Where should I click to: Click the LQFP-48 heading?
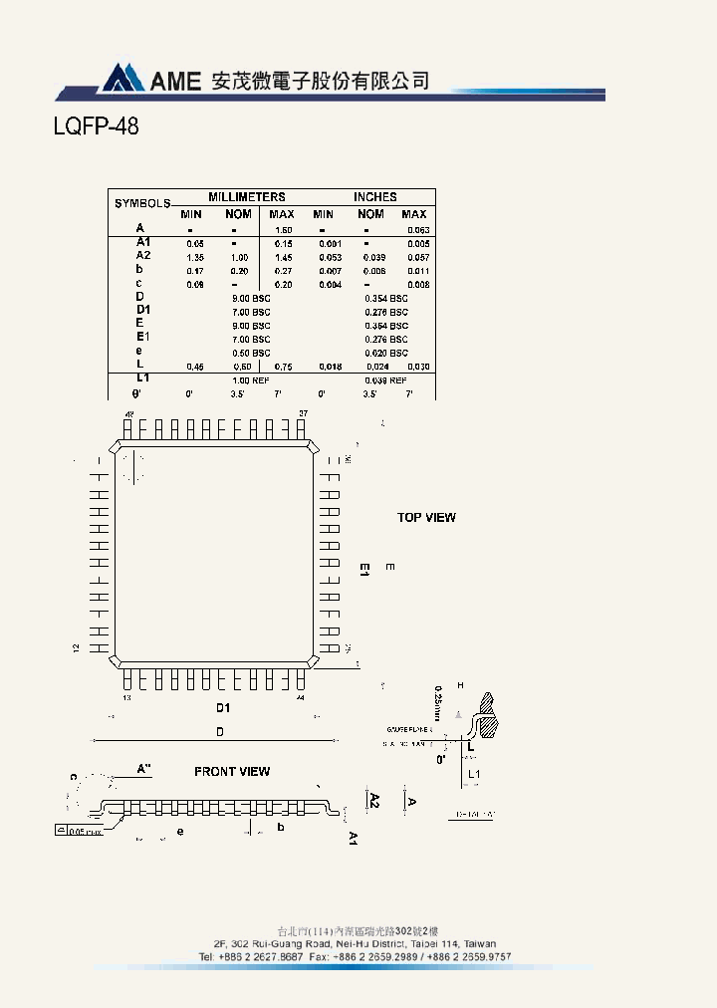[x=96, y=127]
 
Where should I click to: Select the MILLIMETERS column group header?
[x=247, y=197]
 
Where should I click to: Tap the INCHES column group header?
[x=374, y=197]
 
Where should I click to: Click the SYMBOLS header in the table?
[x=142, y=203]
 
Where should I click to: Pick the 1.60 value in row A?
[x=282, y=230]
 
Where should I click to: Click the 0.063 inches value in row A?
[x=417, y=230]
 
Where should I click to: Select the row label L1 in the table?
[x=142, y=379]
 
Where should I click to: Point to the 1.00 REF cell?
[x=251, y=380]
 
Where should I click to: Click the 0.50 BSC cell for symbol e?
[x=251, y=353]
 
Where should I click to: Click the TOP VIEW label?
[x=426, y=517]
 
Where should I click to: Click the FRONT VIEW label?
[x=232, y=771]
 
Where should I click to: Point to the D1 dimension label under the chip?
[x=223, y=707]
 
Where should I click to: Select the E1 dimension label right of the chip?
[x=364, y=570]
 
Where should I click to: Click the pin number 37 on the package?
[x=303, y=412]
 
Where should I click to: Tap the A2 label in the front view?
[x=374, y=799]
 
